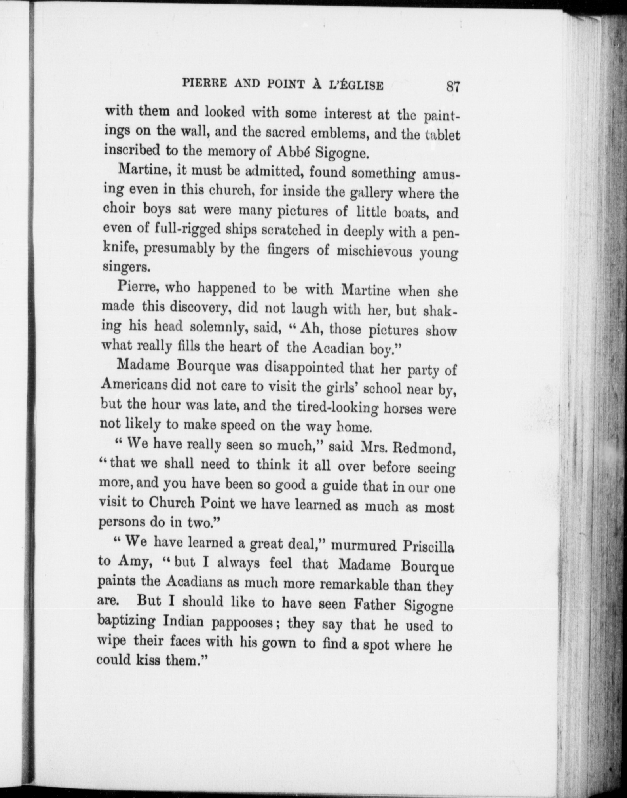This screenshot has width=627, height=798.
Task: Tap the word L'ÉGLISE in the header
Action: [360, 85]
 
